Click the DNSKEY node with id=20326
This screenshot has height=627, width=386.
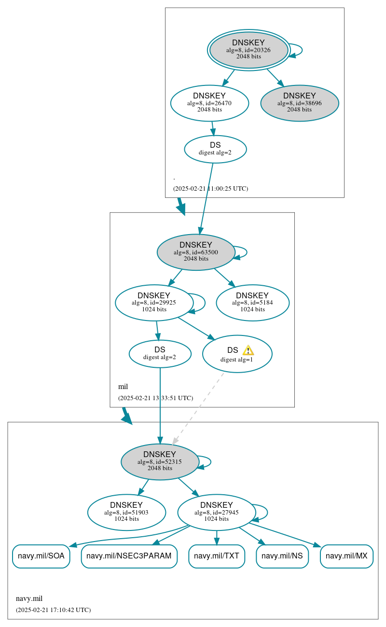248,50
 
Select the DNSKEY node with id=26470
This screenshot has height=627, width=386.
209,103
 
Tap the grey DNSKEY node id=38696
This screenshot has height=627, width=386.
300,103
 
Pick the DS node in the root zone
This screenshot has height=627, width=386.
215,149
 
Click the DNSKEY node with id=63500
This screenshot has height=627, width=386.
196,252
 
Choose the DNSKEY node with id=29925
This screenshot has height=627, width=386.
154,303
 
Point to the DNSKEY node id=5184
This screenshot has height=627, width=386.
252,303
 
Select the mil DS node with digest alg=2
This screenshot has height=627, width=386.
160,353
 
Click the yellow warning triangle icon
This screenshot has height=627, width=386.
248,350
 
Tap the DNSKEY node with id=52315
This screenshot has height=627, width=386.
160,461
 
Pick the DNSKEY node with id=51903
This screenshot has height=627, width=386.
126,512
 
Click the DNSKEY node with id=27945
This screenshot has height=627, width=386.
216,512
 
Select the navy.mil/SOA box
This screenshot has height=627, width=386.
41,556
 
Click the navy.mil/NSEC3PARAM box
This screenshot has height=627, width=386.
129,556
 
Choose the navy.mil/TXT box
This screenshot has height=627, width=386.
217,556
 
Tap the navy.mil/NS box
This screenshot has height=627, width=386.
282,556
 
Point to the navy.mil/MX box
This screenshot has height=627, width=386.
346,556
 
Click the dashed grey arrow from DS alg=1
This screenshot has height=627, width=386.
198,408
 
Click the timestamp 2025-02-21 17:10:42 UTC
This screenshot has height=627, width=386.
53,610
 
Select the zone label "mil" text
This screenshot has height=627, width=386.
123,387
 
